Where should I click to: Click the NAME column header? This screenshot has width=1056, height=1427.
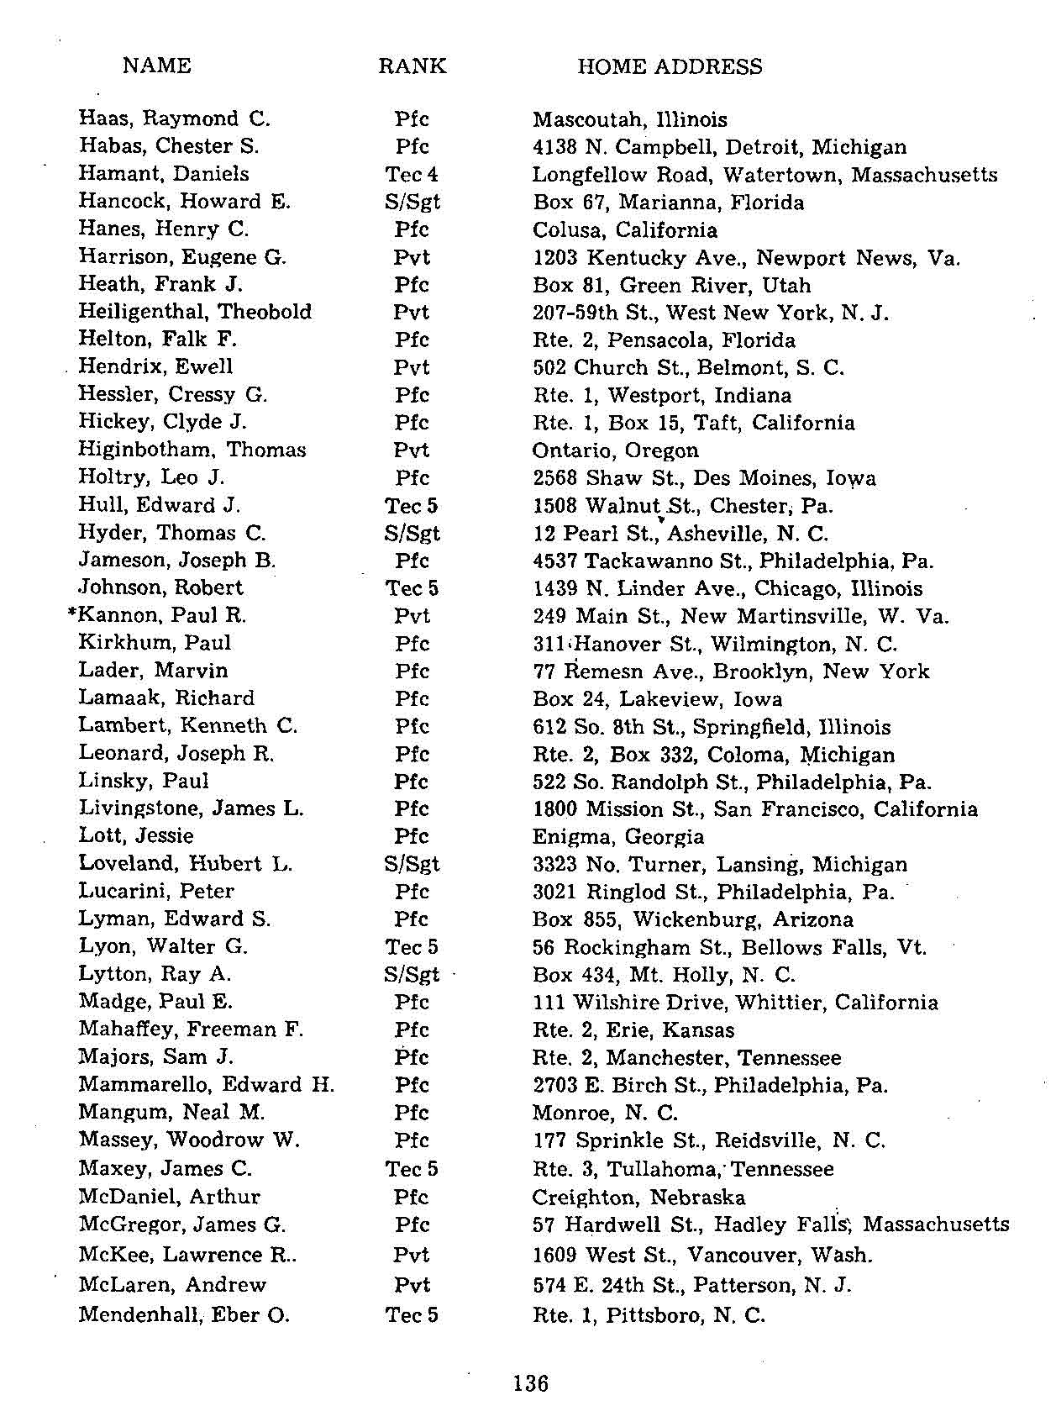pyautogui.click(x=156, y=66)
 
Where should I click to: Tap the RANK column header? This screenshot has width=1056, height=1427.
pyautogui.click(x=412, y=66)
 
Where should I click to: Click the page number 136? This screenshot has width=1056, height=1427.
pyautogui.click(x=530, y=1382)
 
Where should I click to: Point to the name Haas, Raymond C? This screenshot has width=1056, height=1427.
pyautogui.click(x=174, y=118)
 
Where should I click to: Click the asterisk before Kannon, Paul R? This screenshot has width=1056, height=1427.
pyautogui.click(x=71, y=614)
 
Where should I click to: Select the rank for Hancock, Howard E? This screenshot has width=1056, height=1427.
pyautogui.click(x=412, y=202)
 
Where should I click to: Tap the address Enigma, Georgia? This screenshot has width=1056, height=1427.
pyautogui.click(x=617, y=837)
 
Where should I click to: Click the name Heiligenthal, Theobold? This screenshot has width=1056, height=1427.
pyautogui.click(x=195, y=312)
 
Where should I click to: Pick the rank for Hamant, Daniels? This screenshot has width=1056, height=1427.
pyautogui.click(x=412, y=174)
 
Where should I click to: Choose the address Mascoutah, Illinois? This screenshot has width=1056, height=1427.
pyautogui.click(x=629, y=119)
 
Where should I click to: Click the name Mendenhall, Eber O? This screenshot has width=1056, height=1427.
pyautogui.click(x=184, y=1314)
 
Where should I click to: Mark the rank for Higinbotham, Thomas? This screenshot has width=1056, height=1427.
pyautogui.click(x=412, y=450)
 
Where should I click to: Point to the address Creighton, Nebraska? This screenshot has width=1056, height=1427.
pyautogui.click(x=638, y=1197)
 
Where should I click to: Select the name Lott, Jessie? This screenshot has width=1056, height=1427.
pyautogui.click(x=136, y=836)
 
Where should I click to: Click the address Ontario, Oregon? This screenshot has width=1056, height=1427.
pyautogui.click(x=615, y=450)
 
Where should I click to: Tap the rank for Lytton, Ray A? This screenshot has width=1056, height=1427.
pyautogui.click(x=412, y=975)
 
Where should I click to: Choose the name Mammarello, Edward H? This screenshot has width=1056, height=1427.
pyautogui.click(x=206, y=1085)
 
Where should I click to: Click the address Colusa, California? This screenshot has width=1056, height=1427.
pyautogui.click(x=624, y=230)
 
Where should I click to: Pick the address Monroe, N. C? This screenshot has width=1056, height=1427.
pyautogui.click(x=604, y=1114)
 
